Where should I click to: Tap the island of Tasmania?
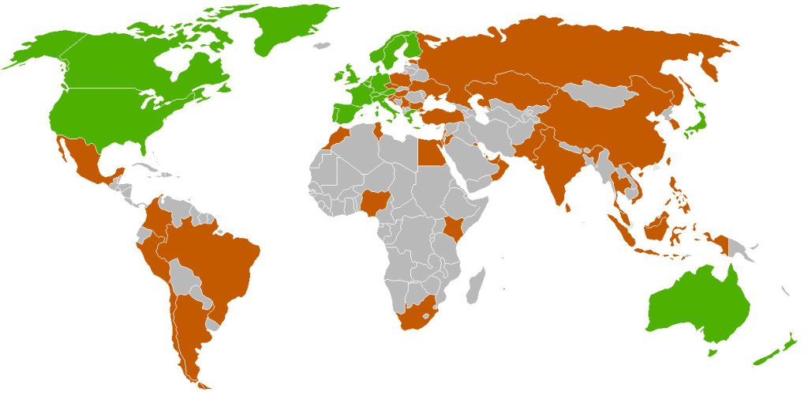coord(713,353)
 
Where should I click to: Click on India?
coord(565,170)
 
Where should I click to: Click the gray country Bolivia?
coord(187,276)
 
